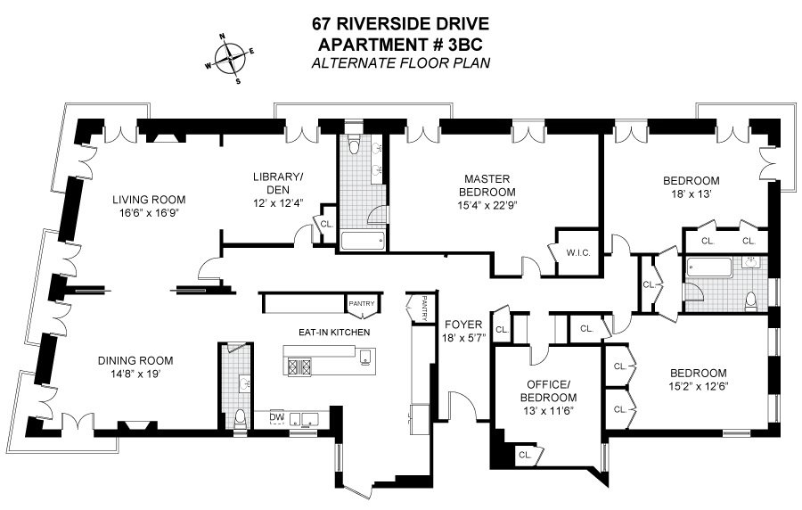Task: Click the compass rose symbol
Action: click(233, 60)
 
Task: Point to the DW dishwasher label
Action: click(276, 416)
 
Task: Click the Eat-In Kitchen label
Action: click(334, 333)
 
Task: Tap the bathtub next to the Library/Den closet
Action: click(363, 240)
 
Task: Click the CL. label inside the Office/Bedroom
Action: click(525, 455)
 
